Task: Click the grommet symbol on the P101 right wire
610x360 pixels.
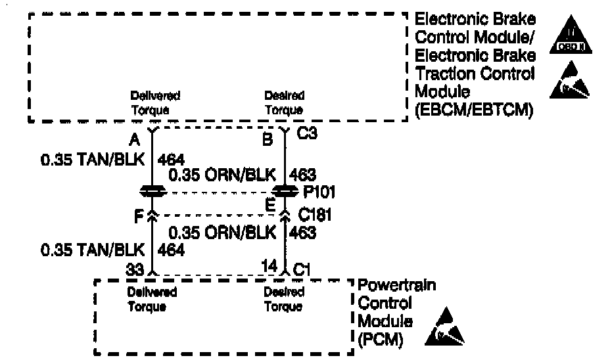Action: (x=285, y=191)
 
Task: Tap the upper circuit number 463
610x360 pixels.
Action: (x=302, y=175)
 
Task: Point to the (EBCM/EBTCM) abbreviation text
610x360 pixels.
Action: (x=473, y=111)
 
